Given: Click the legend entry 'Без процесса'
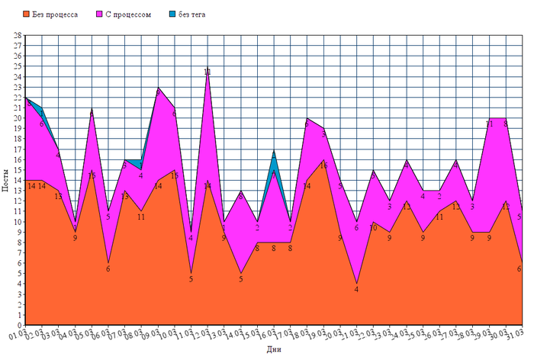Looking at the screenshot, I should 54,14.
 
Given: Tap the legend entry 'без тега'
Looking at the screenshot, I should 191,14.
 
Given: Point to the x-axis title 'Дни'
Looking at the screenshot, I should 274,350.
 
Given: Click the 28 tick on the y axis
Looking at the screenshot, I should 18,35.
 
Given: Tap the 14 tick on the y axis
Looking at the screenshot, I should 18,180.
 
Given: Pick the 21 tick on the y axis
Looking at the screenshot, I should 18,108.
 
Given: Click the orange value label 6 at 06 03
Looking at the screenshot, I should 108,268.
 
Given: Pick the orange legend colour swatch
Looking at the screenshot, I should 27,14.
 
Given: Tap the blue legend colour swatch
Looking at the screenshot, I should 172,14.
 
